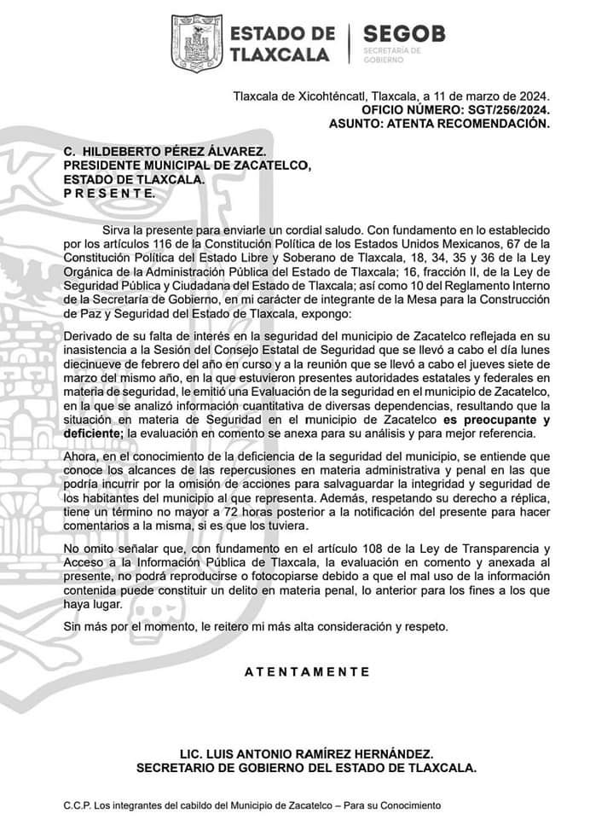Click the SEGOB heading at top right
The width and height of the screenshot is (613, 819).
(404, 35)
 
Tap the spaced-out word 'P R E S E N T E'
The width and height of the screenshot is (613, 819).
(110, 193)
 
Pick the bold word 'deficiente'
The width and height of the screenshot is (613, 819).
(95, 434)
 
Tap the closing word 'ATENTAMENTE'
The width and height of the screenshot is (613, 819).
(307, 671)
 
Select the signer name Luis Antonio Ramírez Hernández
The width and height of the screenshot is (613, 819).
(307, 754)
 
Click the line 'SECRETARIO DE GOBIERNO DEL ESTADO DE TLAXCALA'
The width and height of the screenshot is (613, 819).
(307, 768)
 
